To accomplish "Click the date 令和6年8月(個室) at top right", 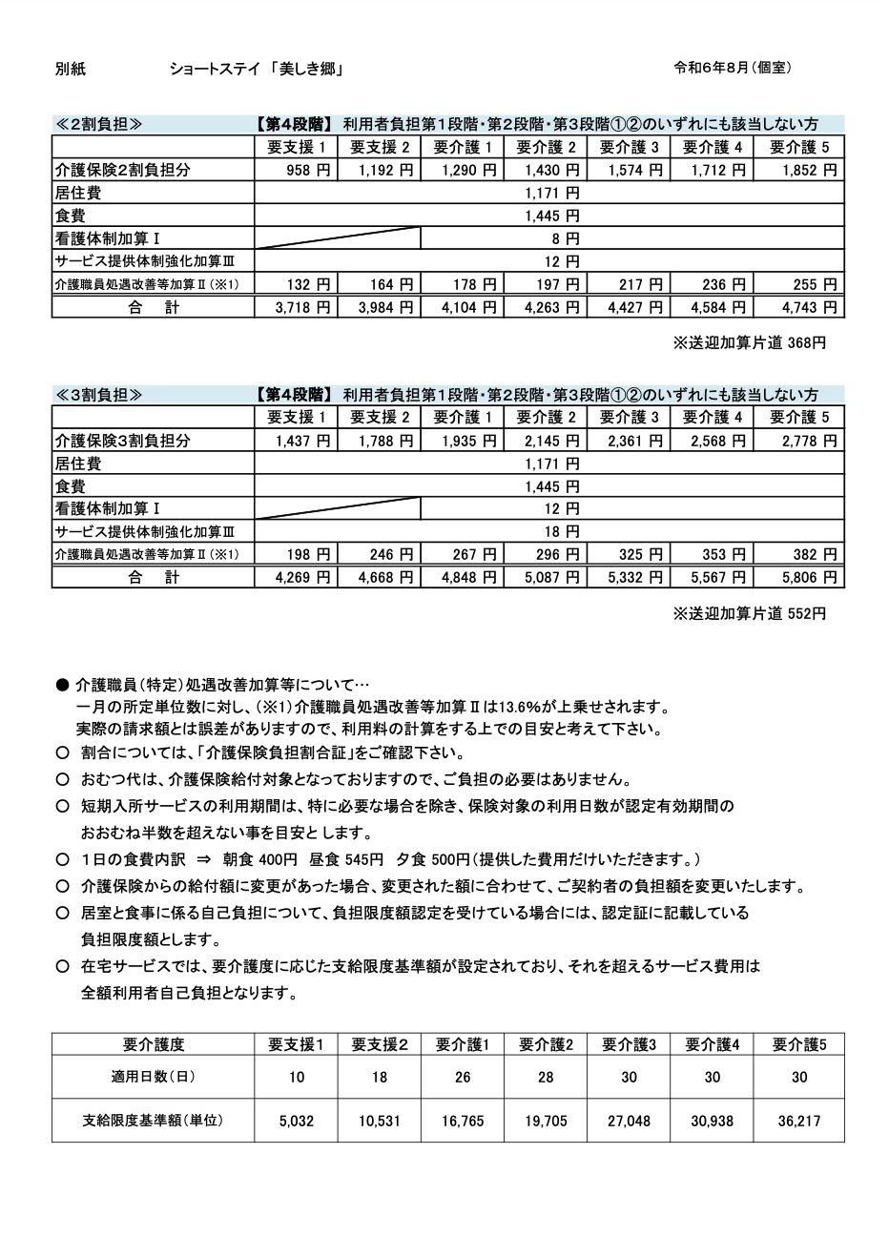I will [732, 68].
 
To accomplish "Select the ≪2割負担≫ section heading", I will [98, 124].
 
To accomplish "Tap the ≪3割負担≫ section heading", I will [98, 395].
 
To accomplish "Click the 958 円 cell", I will [306, 170].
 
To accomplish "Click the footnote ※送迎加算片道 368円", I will [750, 342].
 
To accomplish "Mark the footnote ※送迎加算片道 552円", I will [750, 613].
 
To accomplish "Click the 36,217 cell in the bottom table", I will [799, 1122].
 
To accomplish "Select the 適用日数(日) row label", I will [154, 1077].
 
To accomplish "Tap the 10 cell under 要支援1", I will [297, 1077].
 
